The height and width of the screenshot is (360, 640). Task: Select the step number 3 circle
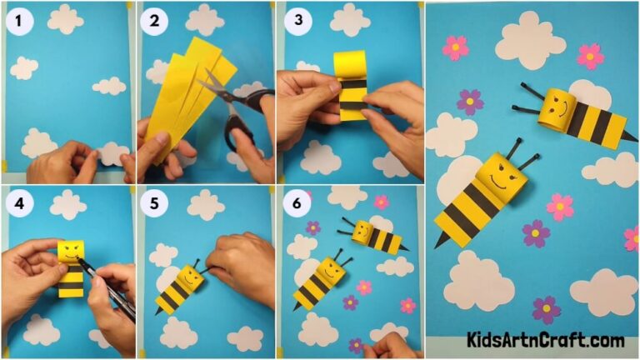pos(293,22)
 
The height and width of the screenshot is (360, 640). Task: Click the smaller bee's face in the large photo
pos(556,108)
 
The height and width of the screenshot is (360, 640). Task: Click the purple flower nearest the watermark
pos(546,308)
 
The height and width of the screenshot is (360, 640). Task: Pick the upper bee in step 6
pos(375,236)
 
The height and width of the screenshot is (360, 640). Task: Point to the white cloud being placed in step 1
pos(110,152)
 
